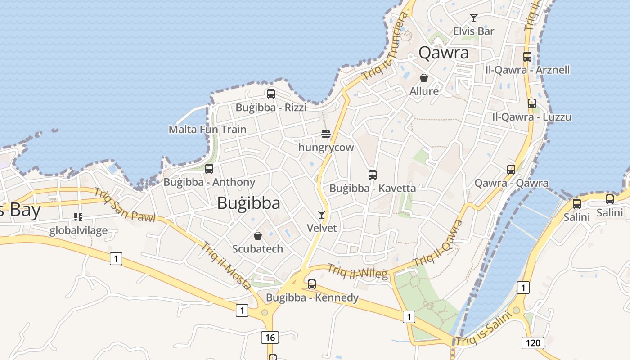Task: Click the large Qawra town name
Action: click(x=444, y=53)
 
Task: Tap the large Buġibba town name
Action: click(x=248, y=203)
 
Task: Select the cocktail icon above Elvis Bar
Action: click(x=473, y=18)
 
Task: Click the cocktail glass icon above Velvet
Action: click(x=322, y=214)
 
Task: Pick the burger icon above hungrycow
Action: click(x=326, y=134)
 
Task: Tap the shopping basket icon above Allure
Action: click(x=424, y=78)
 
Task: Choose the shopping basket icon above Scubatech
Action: click(x=258, y=236)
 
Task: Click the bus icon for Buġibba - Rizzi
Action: click(x=271, y=94)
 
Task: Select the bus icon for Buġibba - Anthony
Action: click(x=209, y=169)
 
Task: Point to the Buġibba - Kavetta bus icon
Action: click(x=373, y=175)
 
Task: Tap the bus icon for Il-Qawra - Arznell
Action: click(x=527, y=57)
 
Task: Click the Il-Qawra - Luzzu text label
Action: click(x=531, y=117)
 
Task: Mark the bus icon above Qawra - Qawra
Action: click(x=511, y=170)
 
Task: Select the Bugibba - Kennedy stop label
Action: click(x=312, y=297)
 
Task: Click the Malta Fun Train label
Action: click(x=207, y=130)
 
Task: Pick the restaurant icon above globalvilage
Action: click(x=78, y=217)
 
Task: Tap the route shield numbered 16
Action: click(x=270, y=337)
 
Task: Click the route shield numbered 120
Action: click(x=533, y=343)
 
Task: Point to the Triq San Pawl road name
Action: click(x=125, y=205)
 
